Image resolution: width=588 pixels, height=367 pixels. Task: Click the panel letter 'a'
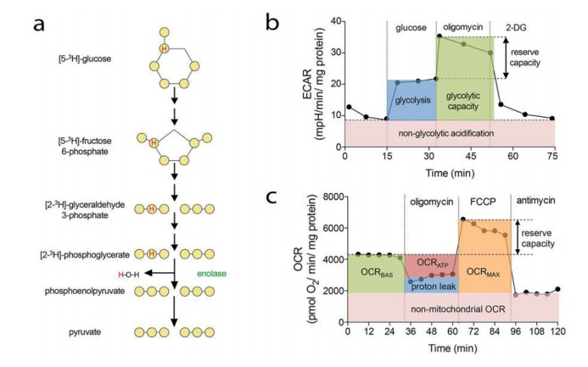click(x=39, y=25)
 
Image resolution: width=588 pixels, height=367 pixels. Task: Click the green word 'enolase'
click(x=212, y=274)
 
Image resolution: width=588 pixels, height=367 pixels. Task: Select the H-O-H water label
click(x=129, y=275)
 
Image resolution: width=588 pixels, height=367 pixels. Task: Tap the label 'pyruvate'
click(x=85, y=332)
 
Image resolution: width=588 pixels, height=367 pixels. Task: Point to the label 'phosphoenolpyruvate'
click(x=85, y=291)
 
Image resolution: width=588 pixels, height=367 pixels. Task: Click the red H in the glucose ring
click(x=164, y=48)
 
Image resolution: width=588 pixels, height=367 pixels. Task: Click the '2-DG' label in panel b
click(x=516, y=27)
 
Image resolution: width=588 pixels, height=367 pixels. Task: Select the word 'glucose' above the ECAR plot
click(x=411, y=28)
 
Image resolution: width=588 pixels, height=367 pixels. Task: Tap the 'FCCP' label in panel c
click(x=483, y=202)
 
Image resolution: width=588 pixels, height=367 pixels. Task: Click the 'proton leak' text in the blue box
click(x=434, y=286)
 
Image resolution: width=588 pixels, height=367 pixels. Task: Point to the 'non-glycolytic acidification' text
click(x=445, y=133)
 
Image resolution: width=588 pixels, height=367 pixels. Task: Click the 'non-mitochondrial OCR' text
click(x=458, y=309)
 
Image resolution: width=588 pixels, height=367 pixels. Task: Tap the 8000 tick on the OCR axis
click(x=334, y=197)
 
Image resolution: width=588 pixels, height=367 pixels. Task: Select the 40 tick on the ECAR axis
click(x=336, y=21)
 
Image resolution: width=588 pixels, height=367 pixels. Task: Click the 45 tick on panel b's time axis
click(x=471, y=155)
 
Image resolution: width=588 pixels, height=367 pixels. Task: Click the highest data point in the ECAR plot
click(x=440, y=36)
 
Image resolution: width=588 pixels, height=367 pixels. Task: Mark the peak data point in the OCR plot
click(x=463, y=219)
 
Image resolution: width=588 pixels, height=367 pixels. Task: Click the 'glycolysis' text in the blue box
click(x=412, y=100)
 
